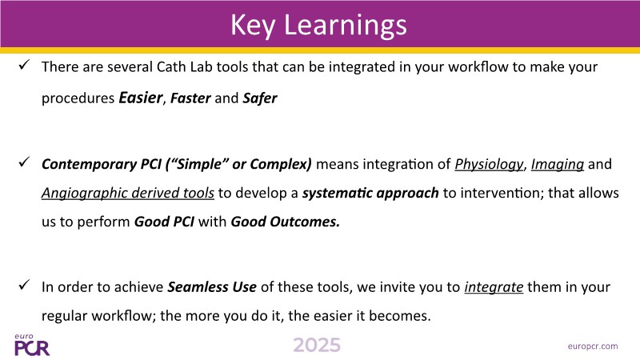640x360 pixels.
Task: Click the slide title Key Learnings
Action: coord(318,26)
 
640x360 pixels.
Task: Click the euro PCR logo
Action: coord(32,345)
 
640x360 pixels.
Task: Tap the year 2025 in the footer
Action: coord(317,346)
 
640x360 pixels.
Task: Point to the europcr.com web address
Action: coord(593,346)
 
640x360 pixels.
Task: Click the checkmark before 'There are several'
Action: coord(24,65)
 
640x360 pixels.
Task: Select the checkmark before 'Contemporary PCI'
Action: coord(24,162)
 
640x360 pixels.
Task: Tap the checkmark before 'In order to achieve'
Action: coord(24,285)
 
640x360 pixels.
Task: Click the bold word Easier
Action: coord(141,98)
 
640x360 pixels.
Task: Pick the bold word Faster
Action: coord(190,98)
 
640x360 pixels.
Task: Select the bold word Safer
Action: coord(260,98)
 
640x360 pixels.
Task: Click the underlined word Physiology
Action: coord(489,164)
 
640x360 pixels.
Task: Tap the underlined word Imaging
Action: coord(558,164)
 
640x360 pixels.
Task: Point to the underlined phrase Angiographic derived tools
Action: coord(128,193)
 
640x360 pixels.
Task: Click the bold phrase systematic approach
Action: coord(370,193)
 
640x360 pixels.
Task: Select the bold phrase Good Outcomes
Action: coord(286,222)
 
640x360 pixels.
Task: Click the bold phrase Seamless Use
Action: coord(212,287)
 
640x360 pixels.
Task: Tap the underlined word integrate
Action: coord(494,287)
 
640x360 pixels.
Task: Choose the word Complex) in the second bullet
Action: coord(281,164)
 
